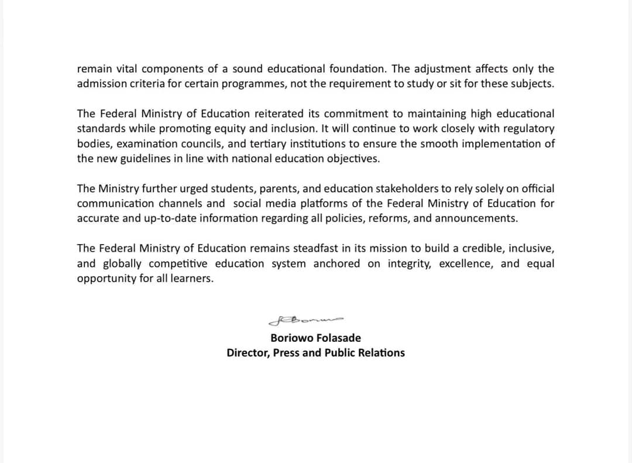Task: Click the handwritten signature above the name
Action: (305, 320)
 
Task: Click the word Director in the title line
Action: (248, 352)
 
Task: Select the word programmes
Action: (253, 83)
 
